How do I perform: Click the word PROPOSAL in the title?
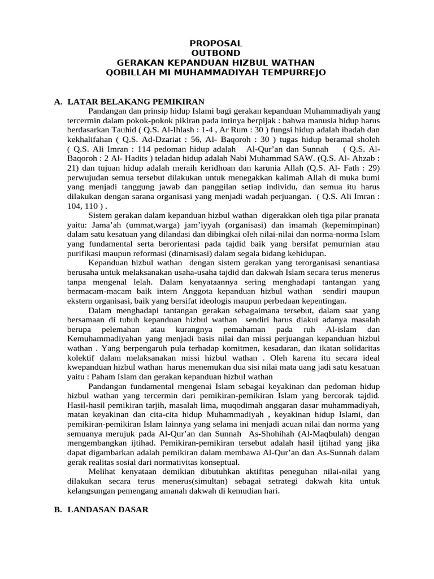216,44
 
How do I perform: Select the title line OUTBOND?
216,53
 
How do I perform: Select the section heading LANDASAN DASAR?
108,509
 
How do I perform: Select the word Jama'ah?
87,226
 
